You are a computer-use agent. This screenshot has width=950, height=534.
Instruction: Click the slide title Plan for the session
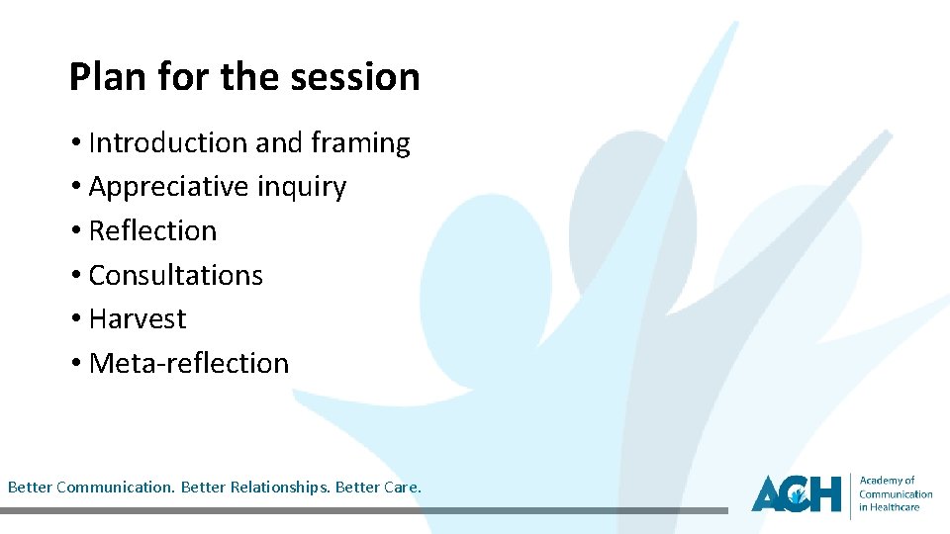pyautogui.click(x=244, y=77)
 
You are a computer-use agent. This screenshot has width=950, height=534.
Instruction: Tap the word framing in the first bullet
pyautogui.click(x=360, y=143)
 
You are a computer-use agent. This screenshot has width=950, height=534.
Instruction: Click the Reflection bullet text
pyautogui.click(x=152, y=231)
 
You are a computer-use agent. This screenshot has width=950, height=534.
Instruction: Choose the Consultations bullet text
pyautogui.click(x=176, y=275)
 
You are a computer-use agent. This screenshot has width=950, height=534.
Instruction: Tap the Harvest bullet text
pyautogui.click(x=138, y=319)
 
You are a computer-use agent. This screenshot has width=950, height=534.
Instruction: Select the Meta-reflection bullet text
pyautogui.click(x=189, y=363)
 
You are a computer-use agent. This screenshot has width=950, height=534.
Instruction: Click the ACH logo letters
pyautogui.click(x=796, y=493)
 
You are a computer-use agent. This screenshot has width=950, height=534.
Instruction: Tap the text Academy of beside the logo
pyautogui.click(x=887, y=481)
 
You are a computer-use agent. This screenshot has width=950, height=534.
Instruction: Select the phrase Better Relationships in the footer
pyautogui.click(x=279, y=488)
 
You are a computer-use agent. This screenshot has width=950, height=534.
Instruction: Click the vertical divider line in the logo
pyautogui.click(x=850, y=494)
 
